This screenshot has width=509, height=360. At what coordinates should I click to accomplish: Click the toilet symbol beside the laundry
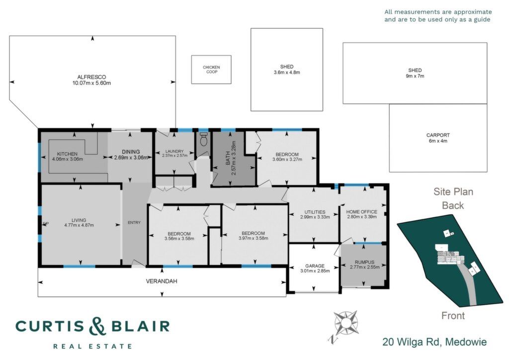(204, 140)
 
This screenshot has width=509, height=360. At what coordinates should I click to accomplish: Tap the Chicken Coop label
(211, 70)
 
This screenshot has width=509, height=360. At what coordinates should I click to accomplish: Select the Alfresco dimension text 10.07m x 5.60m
(91, 83)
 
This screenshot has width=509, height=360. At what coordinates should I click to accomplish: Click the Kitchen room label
(67, 154)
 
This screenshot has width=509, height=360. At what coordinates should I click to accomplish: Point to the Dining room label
(131, 152)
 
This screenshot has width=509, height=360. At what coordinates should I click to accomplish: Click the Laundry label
(174, 151)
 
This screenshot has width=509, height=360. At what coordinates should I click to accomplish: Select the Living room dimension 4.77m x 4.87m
(79, 225)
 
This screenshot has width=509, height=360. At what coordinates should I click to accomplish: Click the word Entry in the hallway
(134, 223)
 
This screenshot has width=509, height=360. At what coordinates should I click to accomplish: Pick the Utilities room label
(315, 212)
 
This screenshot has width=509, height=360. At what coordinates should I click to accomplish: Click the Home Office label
(362, 212)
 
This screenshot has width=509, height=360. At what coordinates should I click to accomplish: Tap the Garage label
(315, 266)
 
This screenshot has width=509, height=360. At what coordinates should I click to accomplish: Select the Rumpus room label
(364, 262)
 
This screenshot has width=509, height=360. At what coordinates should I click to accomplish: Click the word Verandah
(162, 281)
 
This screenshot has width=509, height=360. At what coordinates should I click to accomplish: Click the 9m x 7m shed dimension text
(415, 76)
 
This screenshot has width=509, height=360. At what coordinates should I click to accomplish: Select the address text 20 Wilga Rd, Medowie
(434, 342)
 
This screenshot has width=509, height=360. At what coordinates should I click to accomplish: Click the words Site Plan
(453, 191)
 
